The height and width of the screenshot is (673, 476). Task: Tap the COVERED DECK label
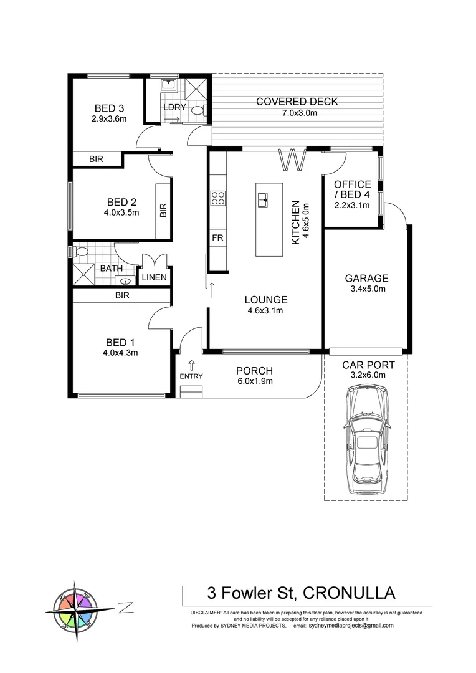click(x=297, y=102)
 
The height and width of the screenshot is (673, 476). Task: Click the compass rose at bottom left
click(x=76, y=611)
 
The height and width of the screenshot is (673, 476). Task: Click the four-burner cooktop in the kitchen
click(x=218, y=198)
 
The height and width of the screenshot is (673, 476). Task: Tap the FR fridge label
click(x=217, y=238)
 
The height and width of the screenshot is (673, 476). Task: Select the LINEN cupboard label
click(x=153, y=277)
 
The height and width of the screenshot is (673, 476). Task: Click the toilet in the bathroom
click(x=80, y=252)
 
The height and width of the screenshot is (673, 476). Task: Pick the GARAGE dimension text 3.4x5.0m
click(x=368, y=289)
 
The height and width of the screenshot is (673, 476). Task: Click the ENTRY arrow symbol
click(x=191, y=365)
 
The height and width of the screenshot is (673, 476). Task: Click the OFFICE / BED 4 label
click(x=352, y=189)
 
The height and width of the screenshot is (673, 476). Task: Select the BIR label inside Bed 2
click(x=163, y=211)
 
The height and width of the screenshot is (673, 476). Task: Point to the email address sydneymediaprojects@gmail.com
click(x=351, y=626)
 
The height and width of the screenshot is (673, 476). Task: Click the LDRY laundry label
click(x=174, y=107)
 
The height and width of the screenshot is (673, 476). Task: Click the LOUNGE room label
click(x=266, y=300)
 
